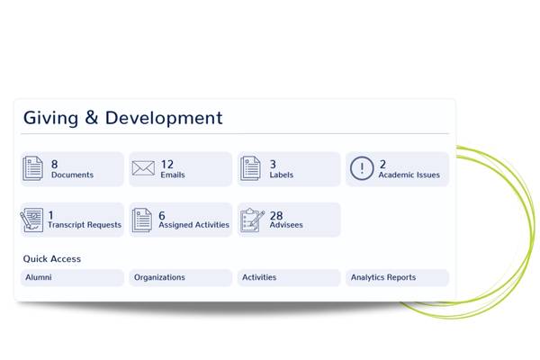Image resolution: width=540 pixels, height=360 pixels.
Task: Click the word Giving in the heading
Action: tap(50, 119)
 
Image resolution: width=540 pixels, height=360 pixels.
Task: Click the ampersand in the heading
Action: tap(91, 117)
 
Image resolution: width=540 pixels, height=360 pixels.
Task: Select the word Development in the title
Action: tap(164, 119)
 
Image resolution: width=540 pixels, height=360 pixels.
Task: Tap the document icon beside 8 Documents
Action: tap(32, 168)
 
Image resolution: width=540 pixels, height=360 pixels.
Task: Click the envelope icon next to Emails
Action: tap(143, 168)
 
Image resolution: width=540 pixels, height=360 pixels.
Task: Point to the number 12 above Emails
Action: tap(167, 164)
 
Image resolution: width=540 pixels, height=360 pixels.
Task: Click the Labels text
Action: tap(282, 175)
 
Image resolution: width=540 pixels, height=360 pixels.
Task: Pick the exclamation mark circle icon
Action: tap(362, 168)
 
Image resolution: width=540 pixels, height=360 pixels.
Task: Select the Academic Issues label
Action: tap(409, 175)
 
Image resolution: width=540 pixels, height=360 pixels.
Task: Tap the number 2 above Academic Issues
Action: tap(382, 164)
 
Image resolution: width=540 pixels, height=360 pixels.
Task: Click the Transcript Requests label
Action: tap(85, 225)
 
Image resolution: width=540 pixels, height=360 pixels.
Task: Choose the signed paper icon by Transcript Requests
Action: tap(31, 220)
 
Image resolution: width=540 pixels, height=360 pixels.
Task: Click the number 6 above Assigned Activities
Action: tap(162, 215)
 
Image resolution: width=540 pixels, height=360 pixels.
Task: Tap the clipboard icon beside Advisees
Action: tap(252, 220)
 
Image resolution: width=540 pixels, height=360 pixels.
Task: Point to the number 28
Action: tap(276, 215)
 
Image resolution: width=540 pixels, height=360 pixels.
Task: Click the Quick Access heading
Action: tap(52, 258)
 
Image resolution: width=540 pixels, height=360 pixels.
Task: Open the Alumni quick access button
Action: tap(72, 277)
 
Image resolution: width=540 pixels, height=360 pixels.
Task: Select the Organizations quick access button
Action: tap(181, 277)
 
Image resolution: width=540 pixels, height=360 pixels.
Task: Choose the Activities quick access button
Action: tap(289, 277)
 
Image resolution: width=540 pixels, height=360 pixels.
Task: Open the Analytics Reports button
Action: tap(398, 277)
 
